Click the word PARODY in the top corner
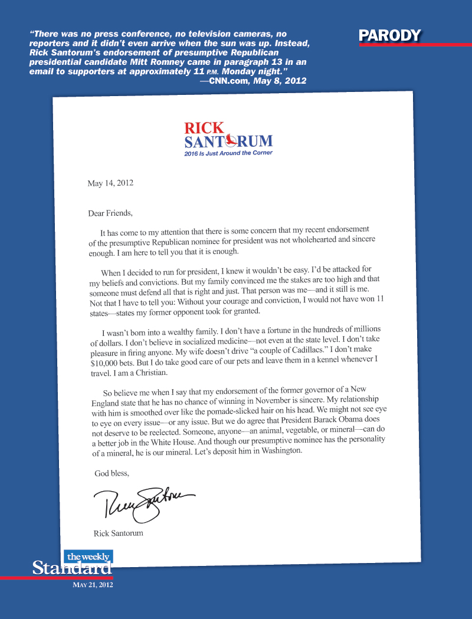(390, 36)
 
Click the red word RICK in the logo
(204, 127)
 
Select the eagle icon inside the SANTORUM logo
(232, 141)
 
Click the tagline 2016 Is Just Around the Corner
(229, 153)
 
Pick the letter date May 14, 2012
(110, 183)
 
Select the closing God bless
(112, 473)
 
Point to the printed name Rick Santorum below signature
(118, 534)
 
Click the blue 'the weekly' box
(88, 557)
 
